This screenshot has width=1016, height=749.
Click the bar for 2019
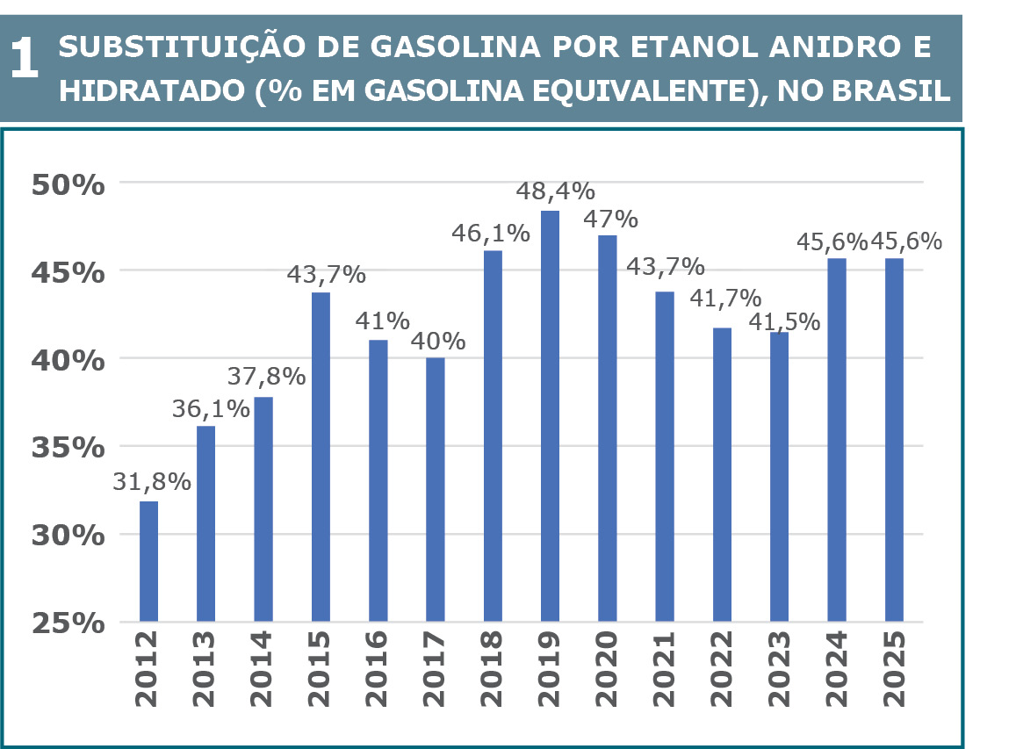pos(550,416)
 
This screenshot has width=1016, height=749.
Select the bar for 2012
pos(148,562)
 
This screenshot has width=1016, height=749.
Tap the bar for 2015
pos(321,457)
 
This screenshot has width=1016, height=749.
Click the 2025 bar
pos(894,440)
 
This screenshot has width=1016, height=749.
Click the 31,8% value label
pos(152,482)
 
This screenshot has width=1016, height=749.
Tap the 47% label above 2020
pos(608,218)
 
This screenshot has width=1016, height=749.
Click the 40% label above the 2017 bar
pos(436,340)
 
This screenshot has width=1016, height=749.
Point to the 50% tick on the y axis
pos(67,185)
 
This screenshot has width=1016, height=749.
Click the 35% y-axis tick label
pos(67,447)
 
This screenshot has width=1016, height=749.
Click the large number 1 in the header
pos(25,61)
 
